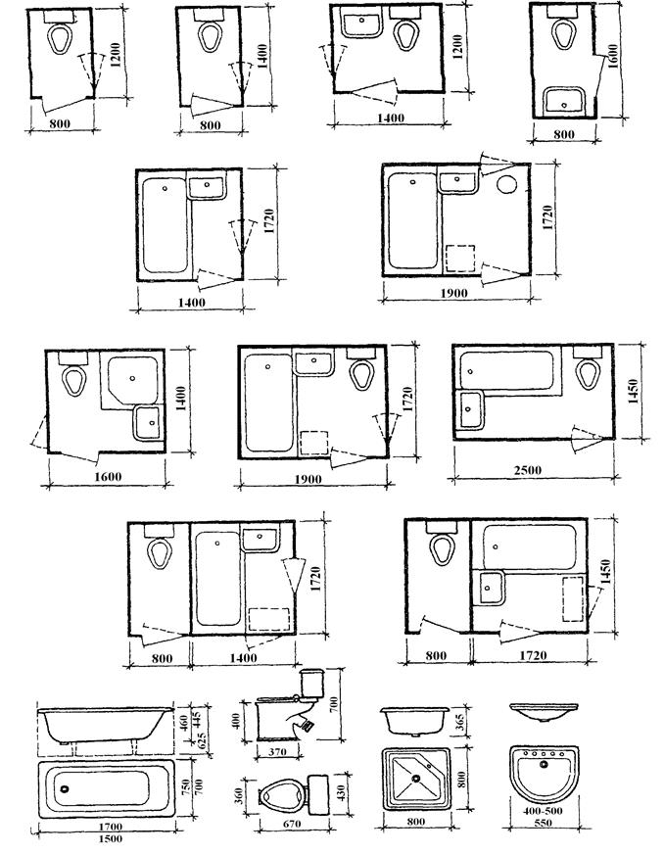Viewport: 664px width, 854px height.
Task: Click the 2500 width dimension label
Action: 527,469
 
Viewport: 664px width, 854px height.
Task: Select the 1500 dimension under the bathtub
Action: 111,838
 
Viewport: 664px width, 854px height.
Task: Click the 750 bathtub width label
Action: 185,786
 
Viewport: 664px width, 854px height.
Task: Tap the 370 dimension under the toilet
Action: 277,752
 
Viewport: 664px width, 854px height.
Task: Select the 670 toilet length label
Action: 292,824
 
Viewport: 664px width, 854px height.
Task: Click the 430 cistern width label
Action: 343,794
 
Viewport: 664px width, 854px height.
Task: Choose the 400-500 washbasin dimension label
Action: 543,811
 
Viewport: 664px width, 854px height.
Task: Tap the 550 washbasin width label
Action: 543,823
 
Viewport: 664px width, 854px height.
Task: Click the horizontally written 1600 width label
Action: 108,477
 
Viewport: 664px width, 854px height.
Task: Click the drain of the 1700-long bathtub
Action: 66,788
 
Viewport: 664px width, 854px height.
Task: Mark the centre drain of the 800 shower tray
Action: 416,779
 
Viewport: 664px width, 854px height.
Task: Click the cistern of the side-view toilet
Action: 312,682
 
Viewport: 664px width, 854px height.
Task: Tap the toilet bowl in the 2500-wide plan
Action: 588,374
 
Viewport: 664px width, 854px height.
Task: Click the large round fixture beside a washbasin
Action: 506,184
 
